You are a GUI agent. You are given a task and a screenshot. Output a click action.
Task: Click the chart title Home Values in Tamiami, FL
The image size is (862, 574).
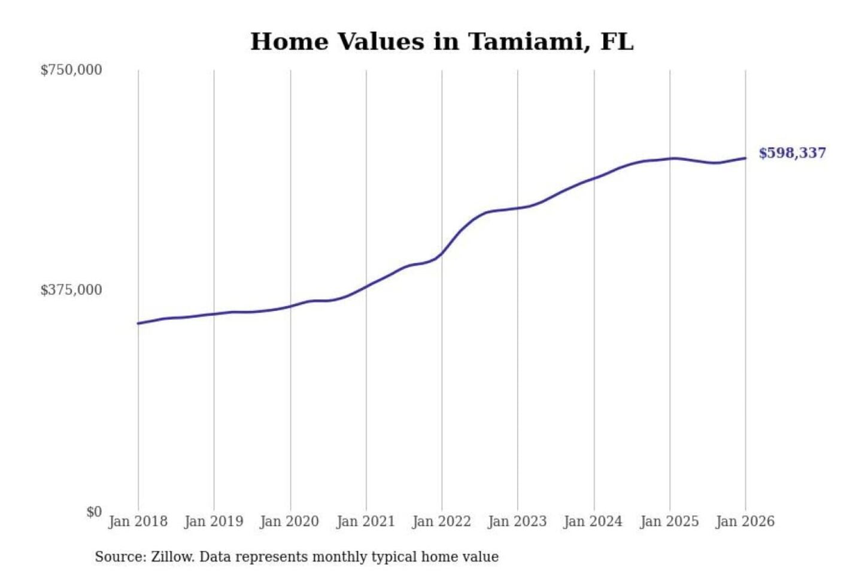pos(442,42)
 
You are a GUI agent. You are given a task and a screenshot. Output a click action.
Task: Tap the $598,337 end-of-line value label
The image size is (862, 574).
pos(792,153)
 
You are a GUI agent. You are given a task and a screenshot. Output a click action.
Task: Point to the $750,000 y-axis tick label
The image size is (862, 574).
pos(71,70)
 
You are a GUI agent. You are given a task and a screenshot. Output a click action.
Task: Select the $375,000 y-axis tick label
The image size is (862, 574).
pos(71,290)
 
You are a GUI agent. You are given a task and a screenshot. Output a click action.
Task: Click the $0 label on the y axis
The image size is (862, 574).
pos(94,512)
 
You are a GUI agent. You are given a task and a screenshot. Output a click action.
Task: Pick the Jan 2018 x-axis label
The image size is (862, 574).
pos(138,521)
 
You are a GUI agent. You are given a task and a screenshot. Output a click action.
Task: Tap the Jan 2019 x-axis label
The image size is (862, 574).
pos(214,521)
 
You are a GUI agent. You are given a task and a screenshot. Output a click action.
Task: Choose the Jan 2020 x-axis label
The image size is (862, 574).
pos(290,521)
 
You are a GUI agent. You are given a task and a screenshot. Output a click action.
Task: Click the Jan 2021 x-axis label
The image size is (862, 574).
pos(366,521)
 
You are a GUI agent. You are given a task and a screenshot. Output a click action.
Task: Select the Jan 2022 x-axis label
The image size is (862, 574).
pos(442,521)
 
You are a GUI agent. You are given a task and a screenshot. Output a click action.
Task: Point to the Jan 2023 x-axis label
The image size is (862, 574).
pos(517,521)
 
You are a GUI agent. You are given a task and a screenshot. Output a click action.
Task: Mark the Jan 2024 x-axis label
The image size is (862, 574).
pos(593,521)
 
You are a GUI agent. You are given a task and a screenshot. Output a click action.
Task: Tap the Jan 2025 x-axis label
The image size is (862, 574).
pos(669,521)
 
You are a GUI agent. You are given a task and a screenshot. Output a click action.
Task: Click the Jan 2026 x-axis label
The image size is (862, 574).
pos(745,521)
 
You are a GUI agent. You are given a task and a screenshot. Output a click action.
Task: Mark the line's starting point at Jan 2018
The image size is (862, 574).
pos(138,323)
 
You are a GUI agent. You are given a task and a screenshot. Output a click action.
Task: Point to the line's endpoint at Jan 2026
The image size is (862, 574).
pos(745,158)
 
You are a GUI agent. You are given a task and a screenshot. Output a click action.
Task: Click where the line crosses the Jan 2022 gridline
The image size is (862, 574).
pos(442,254)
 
